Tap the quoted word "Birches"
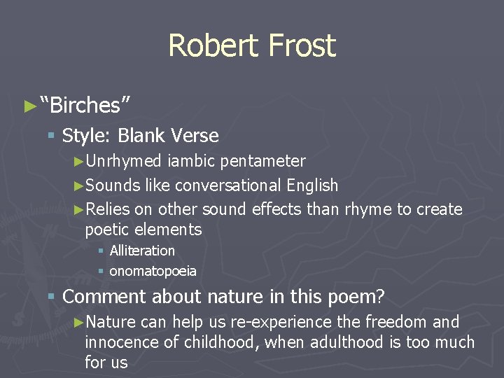(85, 105)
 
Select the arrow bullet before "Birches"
(29, 106)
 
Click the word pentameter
(262, 161)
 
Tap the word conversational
(228, 185)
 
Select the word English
(312, 185)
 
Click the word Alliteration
(142, 251)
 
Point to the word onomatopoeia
(153, 271)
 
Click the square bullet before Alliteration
(101, 251)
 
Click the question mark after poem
(380, 297)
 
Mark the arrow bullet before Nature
(78, 322)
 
